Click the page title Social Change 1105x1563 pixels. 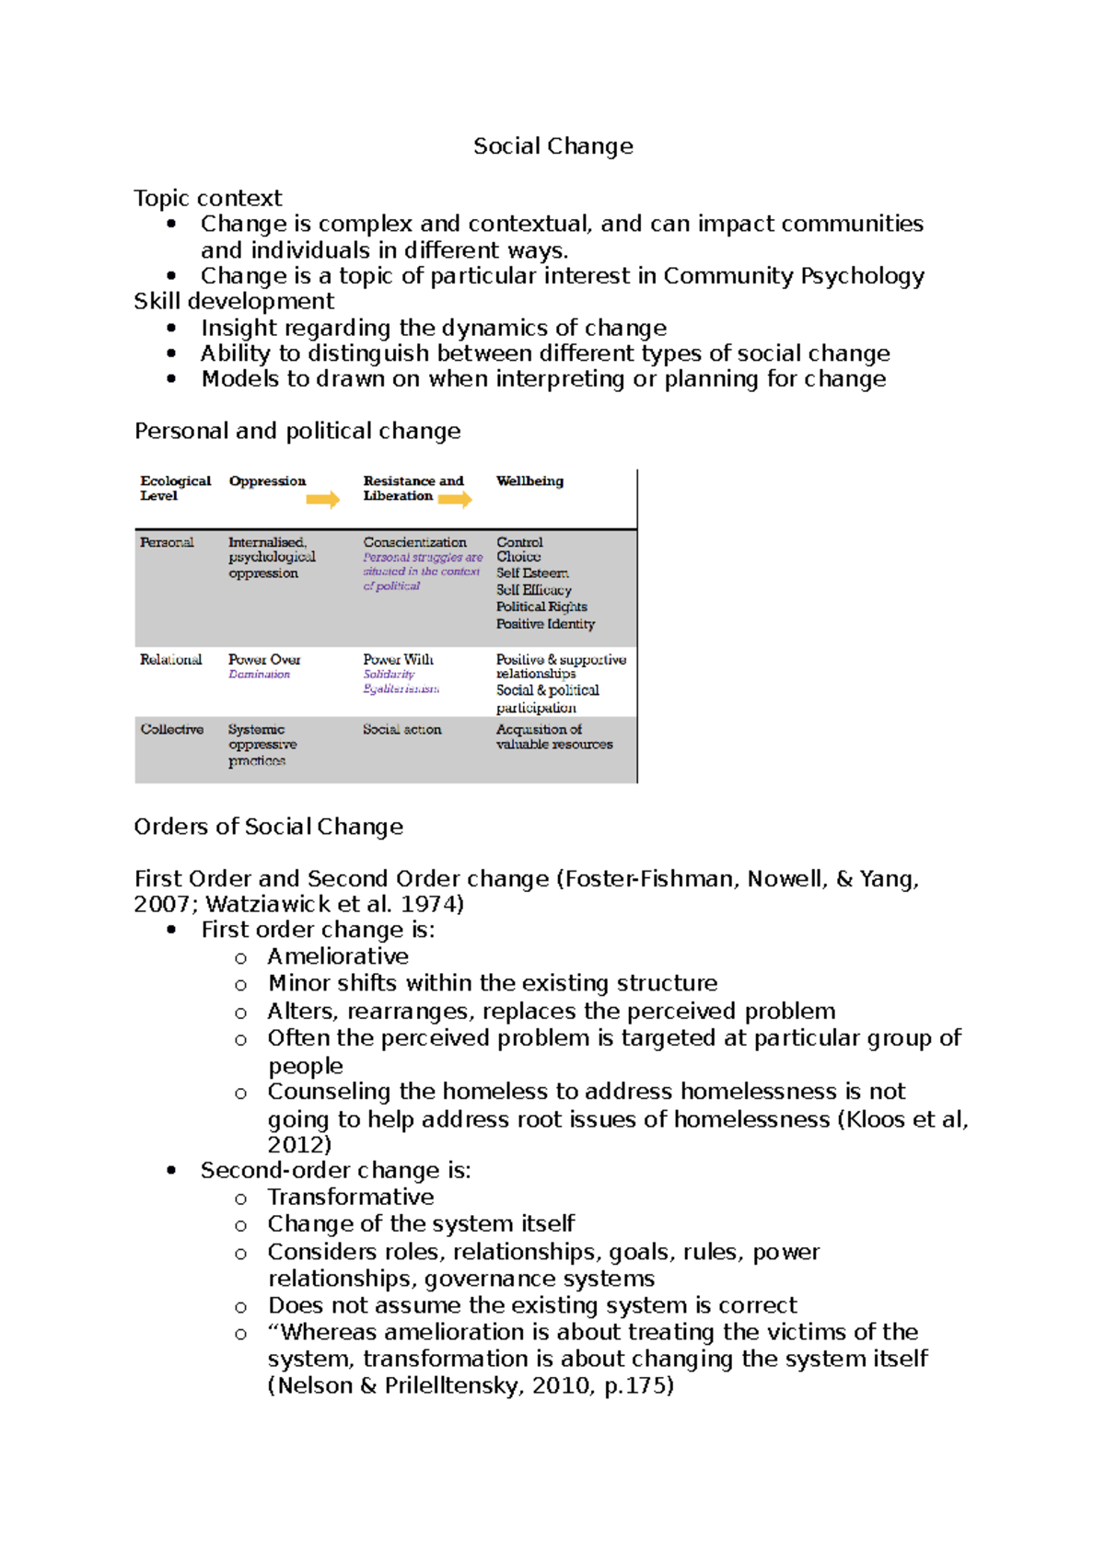(552, 146)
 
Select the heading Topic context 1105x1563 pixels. (207, 198)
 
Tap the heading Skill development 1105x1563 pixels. (234, 302)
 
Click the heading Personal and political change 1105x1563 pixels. (297, 431)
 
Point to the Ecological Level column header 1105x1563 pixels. (175, 488)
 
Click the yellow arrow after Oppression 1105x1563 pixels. (322, 499)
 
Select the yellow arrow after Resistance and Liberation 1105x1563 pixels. (455, 499)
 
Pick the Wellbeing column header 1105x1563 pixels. (529, 480)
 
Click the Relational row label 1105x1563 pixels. (170, 660)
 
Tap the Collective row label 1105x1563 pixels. (171, 729)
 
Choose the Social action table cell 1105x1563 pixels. (401, 729)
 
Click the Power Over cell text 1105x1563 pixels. (264, 660)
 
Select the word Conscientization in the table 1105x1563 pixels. (414, 542)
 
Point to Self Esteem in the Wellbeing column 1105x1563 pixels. (532, 573)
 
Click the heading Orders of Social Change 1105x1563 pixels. (268, 827)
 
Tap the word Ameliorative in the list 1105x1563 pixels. (338, 956)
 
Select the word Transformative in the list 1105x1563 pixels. (351, 1197)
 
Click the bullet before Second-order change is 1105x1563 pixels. (171, 1171)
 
